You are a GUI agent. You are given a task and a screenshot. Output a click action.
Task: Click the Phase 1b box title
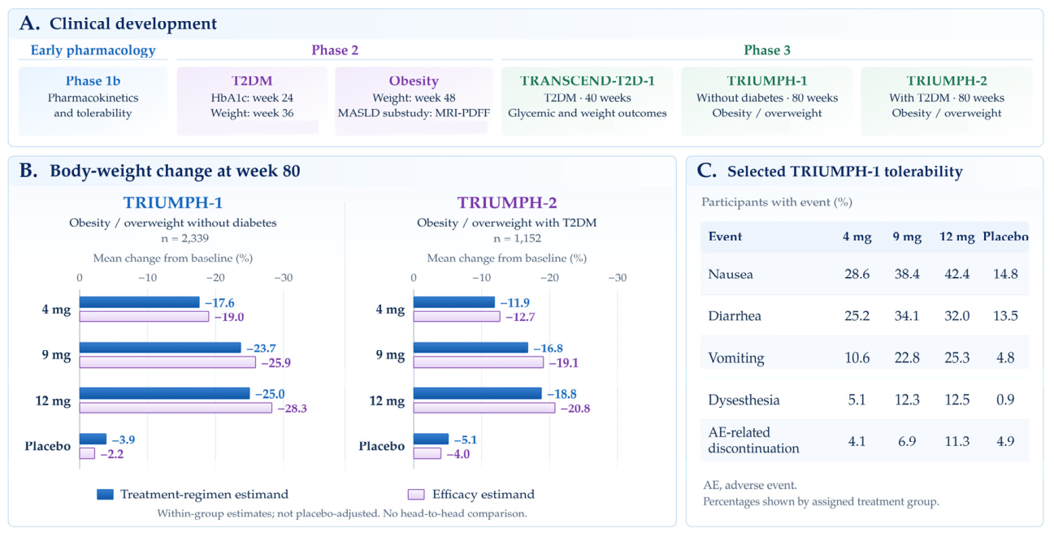(93, 81)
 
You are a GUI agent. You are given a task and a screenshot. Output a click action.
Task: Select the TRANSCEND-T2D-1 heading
(588, 81)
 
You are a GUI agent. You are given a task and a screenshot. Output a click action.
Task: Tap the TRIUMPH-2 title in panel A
(947, 81)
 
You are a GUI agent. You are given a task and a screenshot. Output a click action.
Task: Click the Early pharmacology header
(93, 50)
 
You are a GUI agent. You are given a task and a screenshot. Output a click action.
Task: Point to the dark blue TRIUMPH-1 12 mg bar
(165, 393)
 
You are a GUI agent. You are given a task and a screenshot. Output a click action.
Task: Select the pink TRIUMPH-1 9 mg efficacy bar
(167, 362)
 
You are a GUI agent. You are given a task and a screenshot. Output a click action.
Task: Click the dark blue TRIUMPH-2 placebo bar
(431, 440)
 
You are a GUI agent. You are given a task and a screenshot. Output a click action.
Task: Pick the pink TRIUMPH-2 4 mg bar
(457, 317)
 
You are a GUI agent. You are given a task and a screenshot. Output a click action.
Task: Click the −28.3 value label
(293, 409)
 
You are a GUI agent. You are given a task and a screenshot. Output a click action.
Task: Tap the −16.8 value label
(549, 349)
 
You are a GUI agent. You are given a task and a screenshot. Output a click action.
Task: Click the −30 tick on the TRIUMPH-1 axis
(284, 278)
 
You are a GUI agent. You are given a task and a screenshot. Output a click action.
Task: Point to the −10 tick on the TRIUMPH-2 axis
(481, 278)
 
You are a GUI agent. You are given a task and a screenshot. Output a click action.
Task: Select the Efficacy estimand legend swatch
(416, 494)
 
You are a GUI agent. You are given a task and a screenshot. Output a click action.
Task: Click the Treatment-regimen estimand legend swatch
(105, 494)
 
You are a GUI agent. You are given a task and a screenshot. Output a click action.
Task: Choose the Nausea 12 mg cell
(957, 274)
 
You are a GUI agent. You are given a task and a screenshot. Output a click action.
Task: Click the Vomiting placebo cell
(1005, 357)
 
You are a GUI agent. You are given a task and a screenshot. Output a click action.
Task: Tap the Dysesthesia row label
(744, 401)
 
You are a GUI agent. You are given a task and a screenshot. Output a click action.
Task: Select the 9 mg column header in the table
(907, 236)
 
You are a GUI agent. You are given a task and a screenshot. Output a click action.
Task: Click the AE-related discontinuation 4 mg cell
(857, 442)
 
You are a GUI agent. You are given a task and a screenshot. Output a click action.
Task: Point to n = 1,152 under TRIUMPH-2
(517, 238)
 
